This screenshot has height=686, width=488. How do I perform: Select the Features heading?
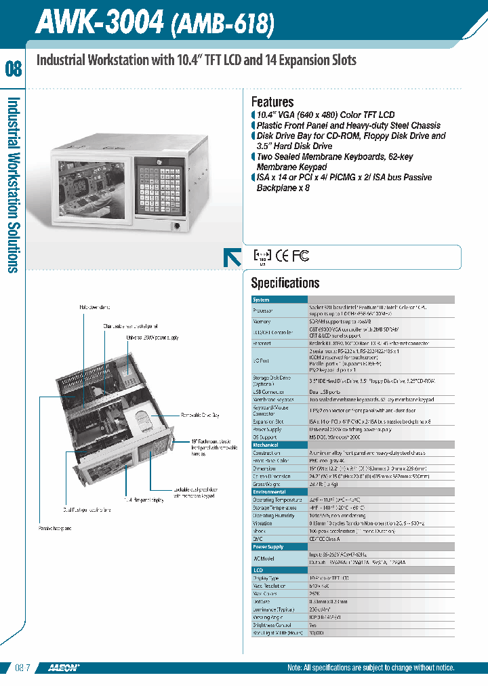[272, 102]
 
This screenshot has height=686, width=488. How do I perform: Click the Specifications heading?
[285, 283]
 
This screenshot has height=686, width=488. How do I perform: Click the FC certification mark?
[300, 256]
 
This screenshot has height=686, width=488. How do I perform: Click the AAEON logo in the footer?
[64, 668]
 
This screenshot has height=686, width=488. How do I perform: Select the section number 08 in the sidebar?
[14, 68]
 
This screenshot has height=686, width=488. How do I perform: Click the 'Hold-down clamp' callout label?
[94, 307]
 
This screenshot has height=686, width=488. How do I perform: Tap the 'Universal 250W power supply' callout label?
[152, 337]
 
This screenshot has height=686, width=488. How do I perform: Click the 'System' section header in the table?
[261, 300]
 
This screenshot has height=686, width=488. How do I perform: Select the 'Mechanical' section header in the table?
[266, 445]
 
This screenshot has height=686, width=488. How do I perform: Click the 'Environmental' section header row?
[269, 492]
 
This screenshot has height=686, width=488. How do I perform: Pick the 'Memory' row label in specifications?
[262, 321]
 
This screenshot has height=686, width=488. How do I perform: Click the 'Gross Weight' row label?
[267, 485]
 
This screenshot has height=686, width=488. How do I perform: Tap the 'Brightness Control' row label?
[273, 625]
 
